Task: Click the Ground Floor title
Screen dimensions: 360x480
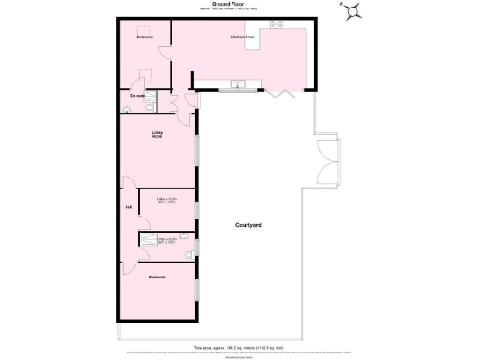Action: (x=229, y=5)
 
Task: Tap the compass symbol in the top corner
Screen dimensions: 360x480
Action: (x=354, y=11)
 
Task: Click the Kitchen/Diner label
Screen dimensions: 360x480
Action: (x=244, y=37)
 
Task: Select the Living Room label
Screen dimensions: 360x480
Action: (x=157, y=135)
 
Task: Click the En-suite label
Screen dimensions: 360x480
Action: (x=137, y=94)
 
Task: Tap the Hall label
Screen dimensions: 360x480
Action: (x=128, y=208)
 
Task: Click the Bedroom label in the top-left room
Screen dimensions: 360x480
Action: (x=144, y=37)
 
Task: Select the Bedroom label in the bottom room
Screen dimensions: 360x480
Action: (x=157, y=277)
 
